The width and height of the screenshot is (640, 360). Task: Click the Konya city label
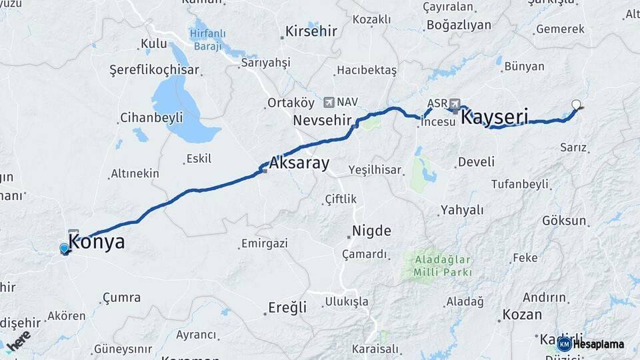97,242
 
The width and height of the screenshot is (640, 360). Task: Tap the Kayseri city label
495,118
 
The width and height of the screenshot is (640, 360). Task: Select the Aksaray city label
299,163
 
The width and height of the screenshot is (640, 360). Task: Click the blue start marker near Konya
64,248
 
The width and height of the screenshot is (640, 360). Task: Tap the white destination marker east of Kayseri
577,104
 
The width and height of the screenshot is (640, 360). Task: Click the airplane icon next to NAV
329,102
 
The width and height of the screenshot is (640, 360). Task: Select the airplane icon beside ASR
455,103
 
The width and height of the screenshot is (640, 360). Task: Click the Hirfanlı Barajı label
208,38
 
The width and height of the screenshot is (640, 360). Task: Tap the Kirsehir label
313,31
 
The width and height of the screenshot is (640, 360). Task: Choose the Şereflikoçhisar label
154,70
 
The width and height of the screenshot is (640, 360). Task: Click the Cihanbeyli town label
151,118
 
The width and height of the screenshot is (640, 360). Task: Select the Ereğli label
287,307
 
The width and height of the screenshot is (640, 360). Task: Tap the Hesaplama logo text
598,344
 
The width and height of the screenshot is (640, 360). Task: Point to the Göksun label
564,221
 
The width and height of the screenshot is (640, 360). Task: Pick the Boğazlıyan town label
459,25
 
